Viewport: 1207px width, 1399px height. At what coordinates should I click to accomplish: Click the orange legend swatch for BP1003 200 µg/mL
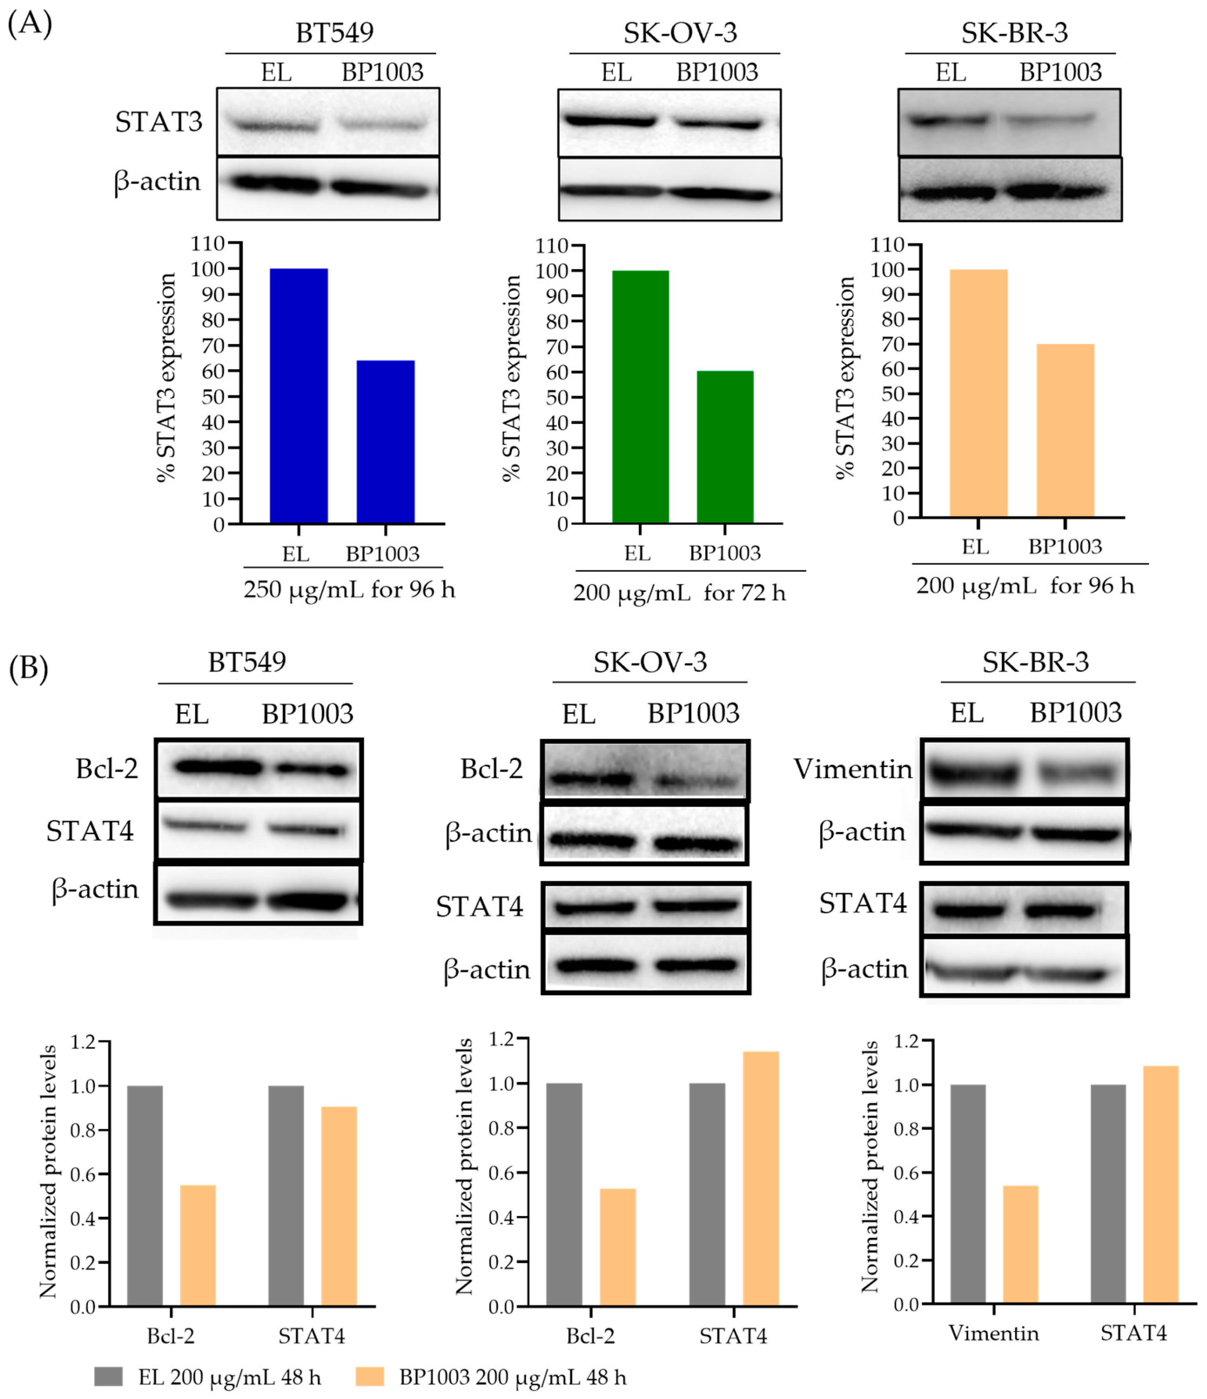point(369,1376)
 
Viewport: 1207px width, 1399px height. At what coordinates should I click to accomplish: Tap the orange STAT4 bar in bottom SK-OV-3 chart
point(761,1178)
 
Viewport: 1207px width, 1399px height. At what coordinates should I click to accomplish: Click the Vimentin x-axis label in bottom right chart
point(993,1333)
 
